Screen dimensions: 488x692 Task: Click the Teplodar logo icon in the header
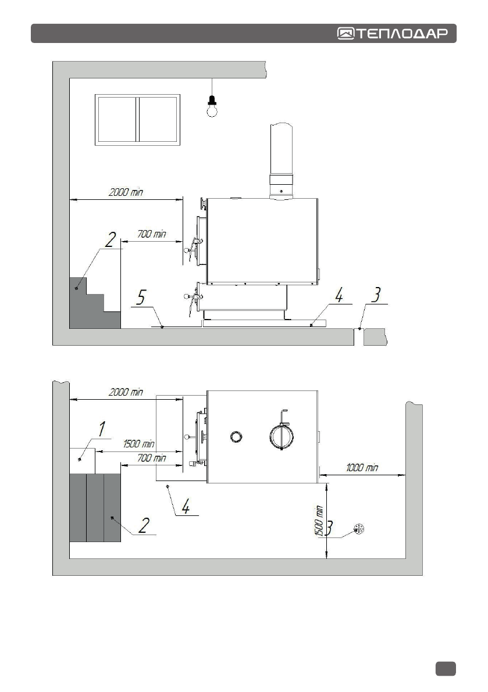click(x=346, y=34)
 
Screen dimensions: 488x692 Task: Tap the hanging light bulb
click(x=212, y=106)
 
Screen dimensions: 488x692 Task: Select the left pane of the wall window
click(x=116, y=120)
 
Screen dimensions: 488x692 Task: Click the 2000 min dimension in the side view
click(x=126, y=192)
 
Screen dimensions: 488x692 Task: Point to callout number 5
click(x=140, y=297)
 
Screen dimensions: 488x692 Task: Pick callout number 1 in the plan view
click(x=102, y=429)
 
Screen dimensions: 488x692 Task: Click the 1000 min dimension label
click(x=362, y=467)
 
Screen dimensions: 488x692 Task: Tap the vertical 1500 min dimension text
click(x=319, y=521)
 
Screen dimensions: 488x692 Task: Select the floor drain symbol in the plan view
click(x=359, y=528)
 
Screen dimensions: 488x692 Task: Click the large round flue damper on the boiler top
click(x=282, y=436)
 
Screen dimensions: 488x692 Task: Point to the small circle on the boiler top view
click(x=236, y=437)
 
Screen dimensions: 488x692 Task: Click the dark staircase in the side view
click(x=95, y=303)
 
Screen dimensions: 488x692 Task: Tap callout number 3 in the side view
click(x=376, y=295)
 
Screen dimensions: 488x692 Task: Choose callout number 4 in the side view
click(x=339, y=295)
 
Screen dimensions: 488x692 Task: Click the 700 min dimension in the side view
click(x=151, y=234)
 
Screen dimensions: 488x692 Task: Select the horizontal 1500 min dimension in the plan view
click(x=138, y=443)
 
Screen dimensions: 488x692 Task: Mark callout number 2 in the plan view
click(x=144, y=525)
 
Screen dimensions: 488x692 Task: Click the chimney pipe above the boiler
click(x=282, y=161)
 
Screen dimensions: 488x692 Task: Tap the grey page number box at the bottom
click(x=446, y=669)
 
